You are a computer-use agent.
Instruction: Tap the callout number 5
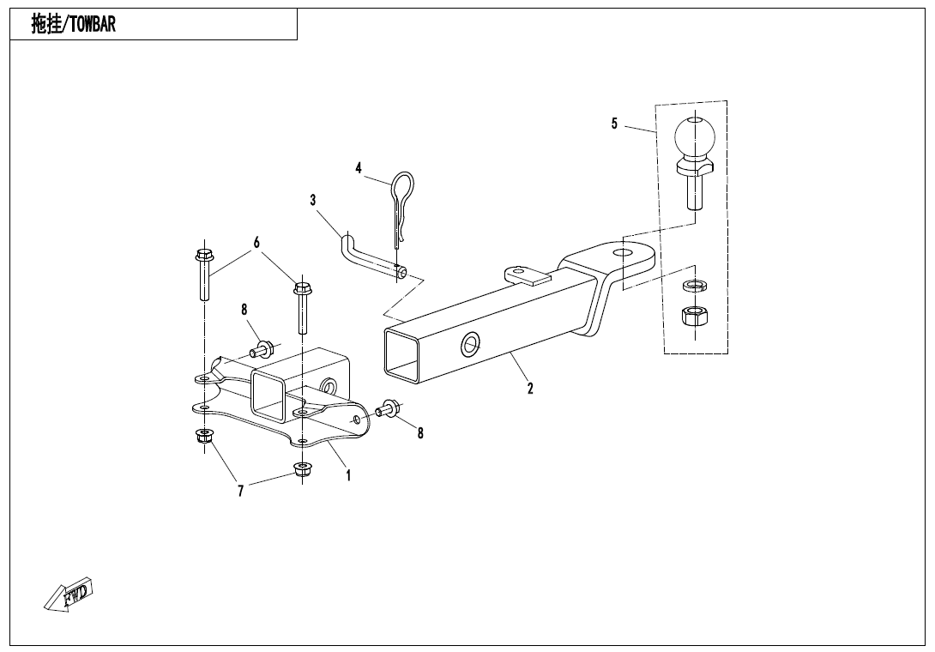(x=614, y=124)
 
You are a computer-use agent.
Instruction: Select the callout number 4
(x=359, y=168)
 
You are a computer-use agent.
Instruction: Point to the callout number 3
(x=313, y=200)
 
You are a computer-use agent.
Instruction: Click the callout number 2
(x=530, y=389)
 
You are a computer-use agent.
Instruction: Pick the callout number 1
(x=349, y=475)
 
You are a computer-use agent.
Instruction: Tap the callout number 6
(x=256, y=243)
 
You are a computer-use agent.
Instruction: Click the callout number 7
(x=241, y=491)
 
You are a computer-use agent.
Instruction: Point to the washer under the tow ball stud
(x=695, y=285)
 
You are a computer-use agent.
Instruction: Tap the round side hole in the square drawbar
(x=471, y=344)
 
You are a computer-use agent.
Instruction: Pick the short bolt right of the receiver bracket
(x=389, y=408)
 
